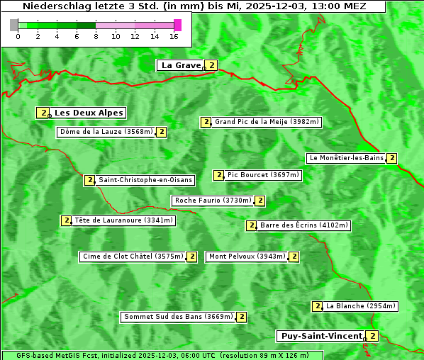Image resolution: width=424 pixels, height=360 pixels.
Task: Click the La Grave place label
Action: [181, 65]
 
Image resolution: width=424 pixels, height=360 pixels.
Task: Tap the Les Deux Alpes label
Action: [89, 113]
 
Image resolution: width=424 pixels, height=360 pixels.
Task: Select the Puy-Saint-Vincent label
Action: [320, 336]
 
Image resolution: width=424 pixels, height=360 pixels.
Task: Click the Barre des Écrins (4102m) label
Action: [304, 225]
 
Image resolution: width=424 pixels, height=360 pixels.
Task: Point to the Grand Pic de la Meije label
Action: [267, 122]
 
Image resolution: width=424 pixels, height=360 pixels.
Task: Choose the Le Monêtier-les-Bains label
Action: [345, 158]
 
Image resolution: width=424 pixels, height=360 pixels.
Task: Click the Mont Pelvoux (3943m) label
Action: [247, 257]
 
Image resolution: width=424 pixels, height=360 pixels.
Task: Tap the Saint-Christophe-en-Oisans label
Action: [145, 180]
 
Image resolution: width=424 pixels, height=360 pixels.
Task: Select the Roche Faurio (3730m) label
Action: [213, 201]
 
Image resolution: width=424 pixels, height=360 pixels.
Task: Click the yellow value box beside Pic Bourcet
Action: [218, 175]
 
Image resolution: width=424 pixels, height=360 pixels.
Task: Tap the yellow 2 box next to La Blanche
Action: [317, 306]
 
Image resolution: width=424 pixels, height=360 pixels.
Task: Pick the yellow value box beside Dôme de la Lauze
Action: [162, 132]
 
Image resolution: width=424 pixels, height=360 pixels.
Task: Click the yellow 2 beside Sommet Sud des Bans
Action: [241, 317]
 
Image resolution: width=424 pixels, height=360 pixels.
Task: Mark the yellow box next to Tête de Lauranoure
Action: [67, 220]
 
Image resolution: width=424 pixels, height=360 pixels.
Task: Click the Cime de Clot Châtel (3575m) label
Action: [132, 257]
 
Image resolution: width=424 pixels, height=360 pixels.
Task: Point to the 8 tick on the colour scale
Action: [96, 35]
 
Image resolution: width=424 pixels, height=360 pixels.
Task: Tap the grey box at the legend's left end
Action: [14, 25]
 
